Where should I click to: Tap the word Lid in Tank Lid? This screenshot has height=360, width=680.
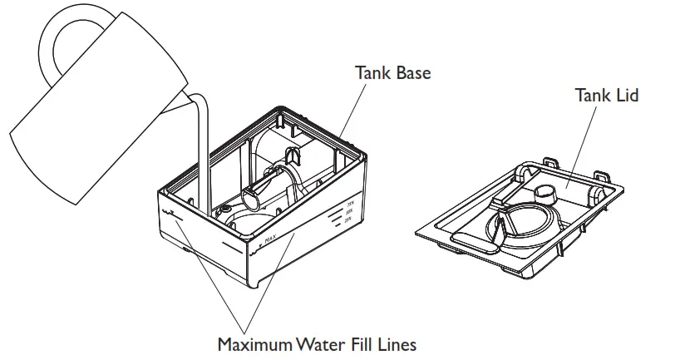(624, 96)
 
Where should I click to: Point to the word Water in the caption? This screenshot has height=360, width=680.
(318, 343)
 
